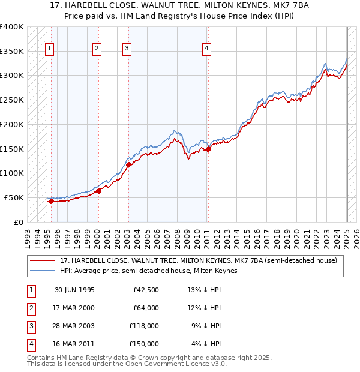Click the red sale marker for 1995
pyautogui.click(x=51, y=202)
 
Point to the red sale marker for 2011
pyautogui.click(x=208, y=149)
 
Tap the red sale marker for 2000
pyautogui.click(x=98, y=191)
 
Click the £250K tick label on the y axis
pyautogui.click(x=11, y=100)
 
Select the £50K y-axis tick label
pyautogui.click(x=14, y=197)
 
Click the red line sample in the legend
pyautogui.click(x=41, y=260)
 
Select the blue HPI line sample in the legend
pyautogui.click(x=41, y=271)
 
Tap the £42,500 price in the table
pyautogui.click(x=146, y=290)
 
